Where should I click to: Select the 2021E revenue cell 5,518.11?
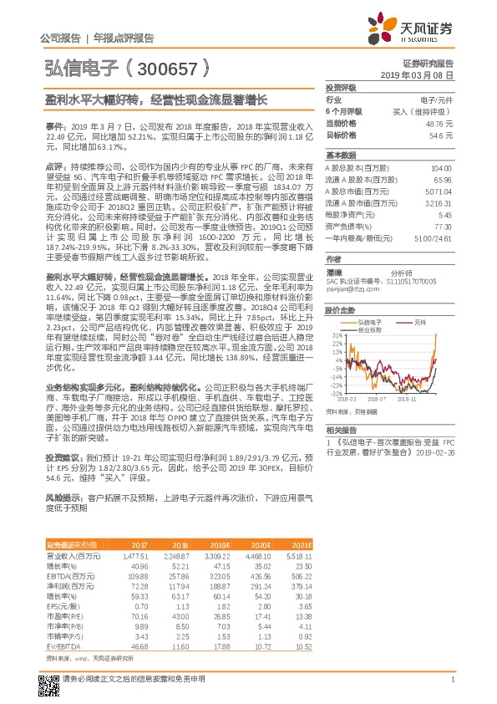pos(298,554)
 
